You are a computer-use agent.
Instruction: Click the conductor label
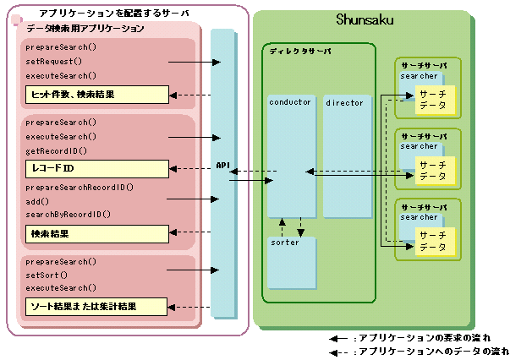pyautogui.click(x=290, y=102)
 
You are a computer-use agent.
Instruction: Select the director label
pyautogui.click(x=344, y=102)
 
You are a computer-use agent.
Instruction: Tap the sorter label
pyautogui.click(x=285, y=243)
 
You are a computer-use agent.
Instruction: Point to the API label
pyautogui.click(x=223, y=165)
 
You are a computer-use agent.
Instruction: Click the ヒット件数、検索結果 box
pyautogui.click(x=96, y=94)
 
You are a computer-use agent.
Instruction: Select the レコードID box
pyautogui.click(x=96, y=167)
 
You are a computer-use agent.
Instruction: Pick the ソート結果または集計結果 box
pyautogui.click(x=96, y=305)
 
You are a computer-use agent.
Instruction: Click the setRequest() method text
pyautogui.click(x=54, y=62)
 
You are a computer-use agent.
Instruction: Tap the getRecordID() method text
pyautogui.click(x=57, y=150)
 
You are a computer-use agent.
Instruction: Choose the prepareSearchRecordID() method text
pyautogui.click(x=80, y=187)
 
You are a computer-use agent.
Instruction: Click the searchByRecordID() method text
pyautogui.click(x=69, y=215)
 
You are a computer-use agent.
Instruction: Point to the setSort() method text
pyautogui.click(x=47, y=275)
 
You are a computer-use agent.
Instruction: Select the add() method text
pyautogui.click(x=38, y=200)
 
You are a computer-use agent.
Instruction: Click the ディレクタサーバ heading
pyautogui.click(x=300, y=52)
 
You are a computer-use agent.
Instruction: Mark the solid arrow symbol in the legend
pyautogui.click(x=339, y=337)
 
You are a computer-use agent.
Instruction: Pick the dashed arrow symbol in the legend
pyautogui.click(x=339, y=350)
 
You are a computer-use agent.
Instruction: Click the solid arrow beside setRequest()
pyautogui.click(x=195, y=62)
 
